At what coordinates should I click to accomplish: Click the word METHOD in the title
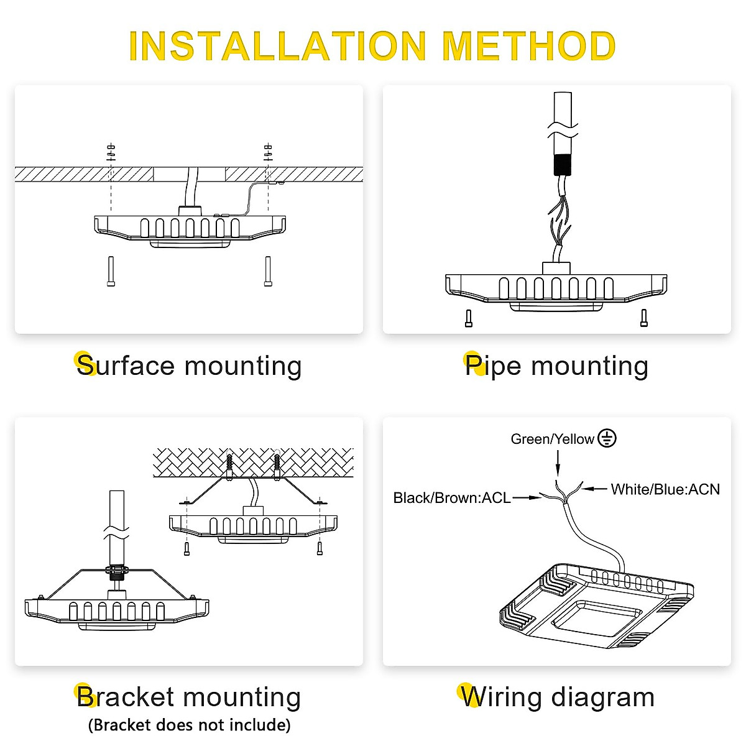click(528, 46)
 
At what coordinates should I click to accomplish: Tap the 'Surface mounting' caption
click(189, 366)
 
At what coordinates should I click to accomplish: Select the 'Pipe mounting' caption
click(556, 366)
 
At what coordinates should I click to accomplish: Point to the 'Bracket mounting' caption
click(189, 697)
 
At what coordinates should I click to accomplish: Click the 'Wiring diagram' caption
click(558, 697)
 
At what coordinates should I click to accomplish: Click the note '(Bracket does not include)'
click(189, 725)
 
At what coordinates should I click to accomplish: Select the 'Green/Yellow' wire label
click(552, 439)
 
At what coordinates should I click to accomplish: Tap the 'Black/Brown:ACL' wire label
click(452, 497)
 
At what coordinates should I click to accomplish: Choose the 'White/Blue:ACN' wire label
click(665, 489)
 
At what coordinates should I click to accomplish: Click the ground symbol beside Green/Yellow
click(607, 438)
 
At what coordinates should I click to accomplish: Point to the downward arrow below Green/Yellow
click(558, 463)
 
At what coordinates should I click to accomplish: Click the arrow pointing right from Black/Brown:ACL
click(527, 497)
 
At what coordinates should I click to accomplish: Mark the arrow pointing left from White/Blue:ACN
click(595, 489)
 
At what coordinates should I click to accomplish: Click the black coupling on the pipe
click(563, 165)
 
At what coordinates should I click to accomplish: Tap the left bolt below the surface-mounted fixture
click(111, 272)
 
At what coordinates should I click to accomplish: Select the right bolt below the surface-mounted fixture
click(268, 272)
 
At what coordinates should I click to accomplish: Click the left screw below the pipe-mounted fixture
click(469, 318)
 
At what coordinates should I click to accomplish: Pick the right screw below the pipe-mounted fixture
click(644, 318)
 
